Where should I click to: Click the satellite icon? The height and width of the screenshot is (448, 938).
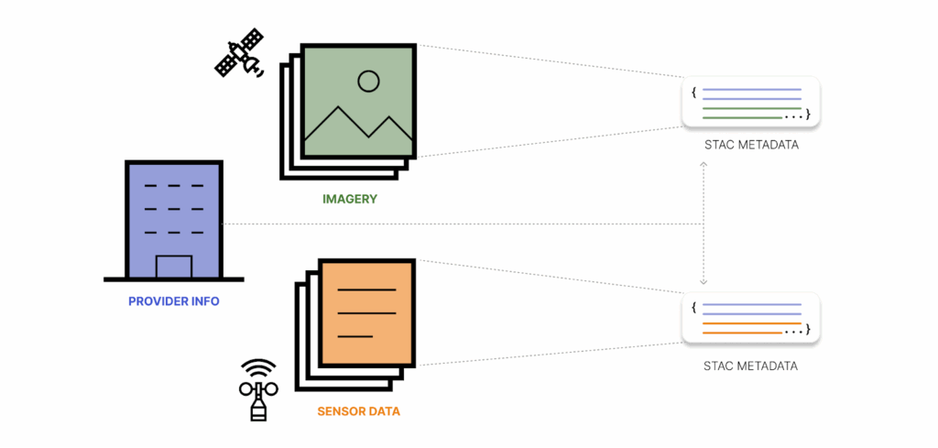click(238, 53)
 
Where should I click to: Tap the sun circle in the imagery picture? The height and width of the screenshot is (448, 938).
click(368, 82)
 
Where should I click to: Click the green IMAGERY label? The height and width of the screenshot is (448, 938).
click(350, 199)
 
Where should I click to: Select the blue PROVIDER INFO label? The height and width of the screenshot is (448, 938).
click(174, 301)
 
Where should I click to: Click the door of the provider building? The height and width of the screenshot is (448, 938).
click(174, 267)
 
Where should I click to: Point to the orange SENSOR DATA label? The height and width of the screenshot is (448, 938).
click(359, 411)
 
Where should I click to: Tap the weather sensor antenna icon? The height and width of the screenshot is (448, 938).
click(257, 389)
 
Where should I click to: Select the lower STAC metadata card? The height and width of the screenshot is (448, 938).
click(750, 317)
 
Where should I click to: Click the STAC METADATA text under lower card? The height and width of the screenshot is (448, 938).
click(750, 366)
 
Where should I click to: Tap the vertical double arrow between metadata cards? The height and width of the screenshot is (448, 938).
click(703, 224)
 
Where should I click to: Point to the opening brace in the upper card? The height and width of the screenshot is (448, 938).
click(694, 92)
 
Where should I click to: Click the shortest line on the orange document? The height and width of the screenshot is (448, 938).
click(355, 336)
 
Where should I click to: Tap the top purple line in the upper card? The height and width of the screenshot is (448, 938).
click(751, 90)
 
